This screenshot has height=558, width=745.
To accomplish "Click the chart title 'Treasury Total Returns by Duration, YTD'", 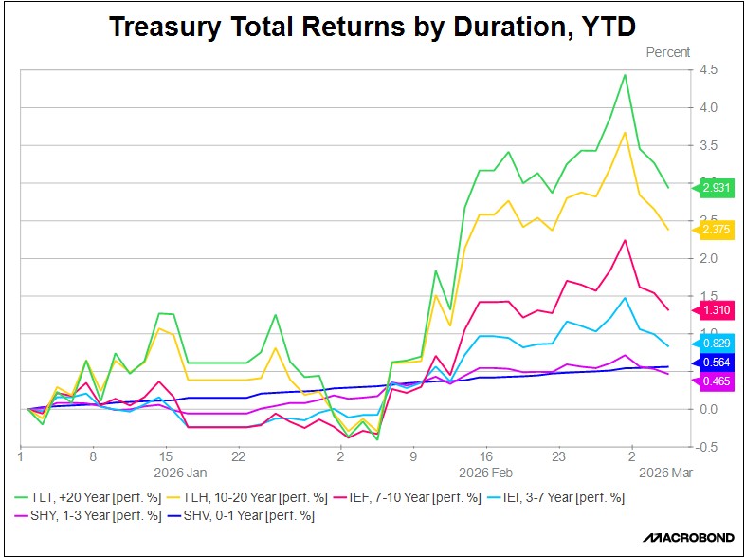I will (x=372, y=26).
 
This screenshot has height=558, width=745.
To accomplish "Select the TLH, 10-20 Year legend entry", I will (x=247, y=496).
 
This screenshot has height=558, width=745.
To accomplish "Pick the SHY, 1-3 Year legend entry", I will (x=85, y=515).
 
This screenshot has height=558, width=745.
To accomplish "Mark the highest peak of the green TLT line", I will (x=626, y=75).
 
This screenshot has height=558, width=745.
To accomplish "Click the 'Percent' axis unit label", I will (x=668, y=52).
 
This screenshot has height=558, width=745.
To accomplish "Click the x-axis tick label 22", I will (x=239, y=456).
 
